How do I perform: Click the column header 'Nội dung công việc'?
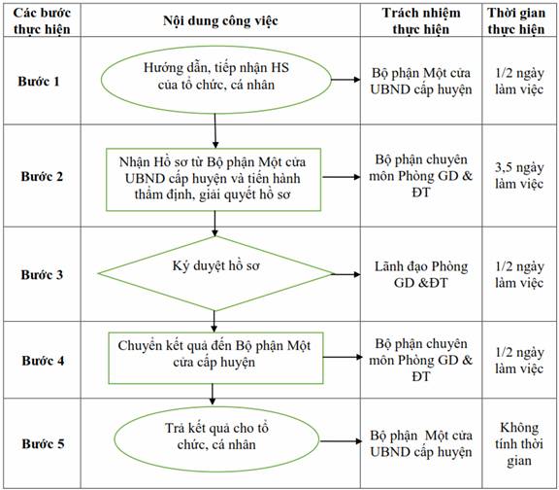click(x=220, y=20)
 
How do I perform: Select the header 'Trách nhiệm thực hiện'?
click(x=421, y=20)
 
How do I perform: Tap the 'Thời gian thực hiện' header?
click(x=516, y=20)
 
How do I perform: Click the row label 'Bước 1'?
click(x=39, y=81)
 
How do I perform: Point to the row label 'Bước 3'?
click(x=42, y=274)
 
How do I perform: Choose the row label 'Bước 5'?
click(x=43, y=443)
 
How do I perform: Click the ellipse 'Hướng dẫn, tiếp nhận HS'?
click(x=216, y=80)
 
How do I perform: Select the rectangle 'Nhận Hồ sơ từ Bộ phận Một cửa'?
click(x=214, y=179)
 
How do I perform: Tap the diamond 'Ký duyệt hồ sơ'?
click(x=215, y=273)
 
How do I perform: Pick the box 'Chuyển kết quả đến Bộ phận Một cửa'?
click(x=215, y=358)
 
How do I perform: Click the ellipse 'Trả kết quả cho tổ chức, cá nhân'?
click(x=216, y=439)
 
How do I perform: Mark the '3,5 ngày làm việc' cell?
click(x=519, y=175)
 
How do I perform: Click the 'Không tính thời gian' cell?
click(x=519, y=444)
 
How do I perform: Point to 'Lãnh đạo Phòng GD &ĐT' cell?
click(x=421, y=274)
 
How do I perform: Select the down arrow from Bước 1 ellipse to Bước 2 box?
click(x=215, y=130)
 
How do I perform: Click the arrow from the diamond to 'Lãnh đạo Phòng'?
click(x=346, y=274)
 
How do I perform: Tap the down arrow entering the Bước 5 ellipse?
click(x=213, y=395)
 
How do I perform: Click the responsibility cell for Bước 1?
click(x=421, y=81)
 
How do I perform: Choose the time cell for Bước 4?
click(x=519, y=360)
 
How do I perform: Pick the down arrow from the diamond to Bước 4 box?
click(x=214, y=322)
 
